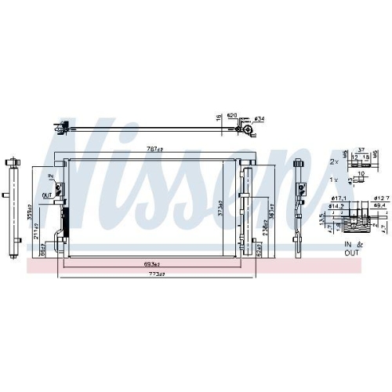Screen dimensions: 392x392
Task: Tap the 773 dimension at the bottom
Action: pyautogui.click(x=149, y=274)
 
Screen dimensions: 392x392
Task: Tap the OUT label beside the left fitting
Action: pyautogui.click(x=46, y=195)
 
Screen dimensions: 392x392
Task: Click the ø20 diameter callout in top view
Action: pyautogui.click(x=232, y=116)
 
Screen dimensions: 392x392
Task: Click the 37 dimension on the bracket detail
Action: pyautogui.click(x=360, y=150)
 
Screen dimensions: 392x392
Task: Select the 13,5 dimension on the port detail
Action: pyautogui.click(x=322, y=221)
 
